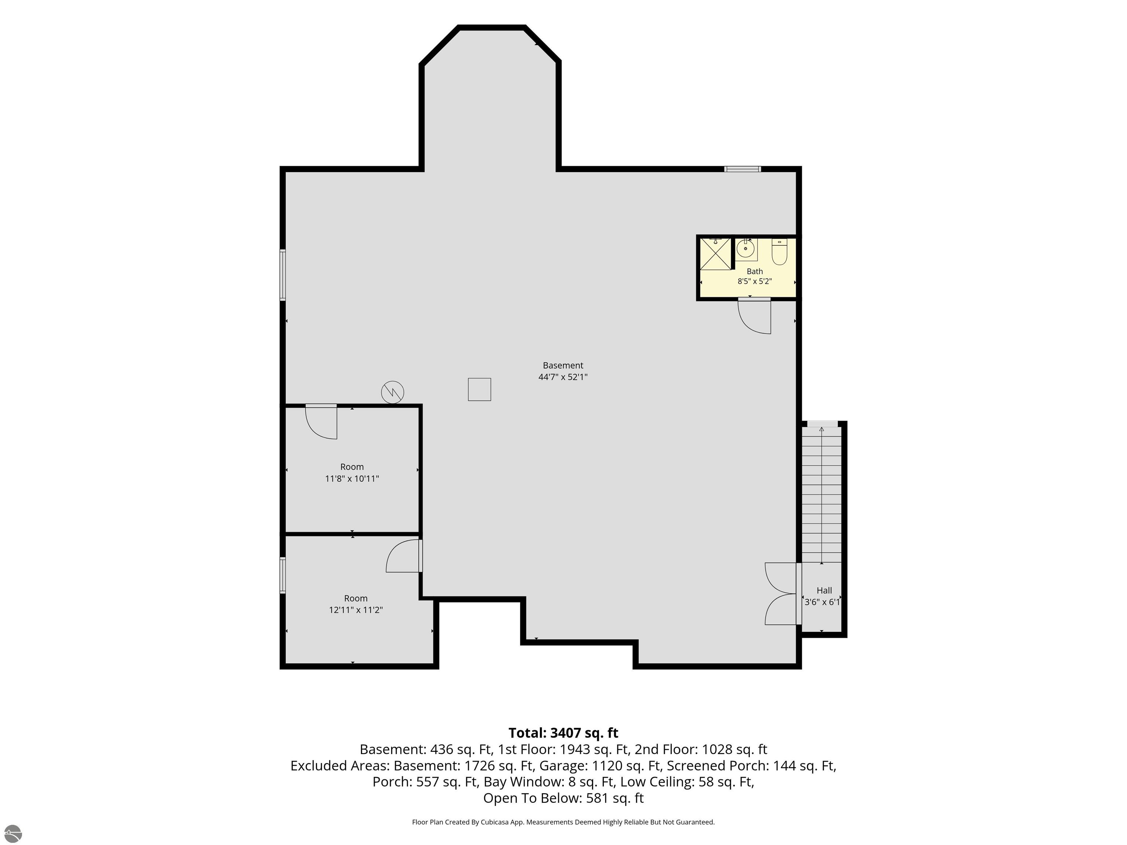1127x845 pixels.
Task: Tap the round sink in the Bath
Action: click(745, 249)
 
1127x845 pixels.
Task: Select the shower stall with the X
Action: click(715, 253)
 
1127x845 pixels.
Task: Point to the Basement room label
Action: click(563, 365)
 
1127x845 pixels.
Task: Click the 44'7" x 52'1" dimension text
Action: click(563, 377)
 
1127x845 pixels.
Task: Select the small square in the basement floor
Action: click(479, 389)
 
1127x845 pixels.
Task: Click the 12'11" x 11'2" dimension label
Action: click(355, 610)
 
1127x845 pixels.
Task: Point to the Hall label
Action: click(824, 590)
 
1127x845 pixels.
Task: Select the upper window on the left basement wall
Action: click(283, 275)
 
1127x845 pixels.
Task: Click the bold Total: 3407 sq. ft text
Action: click(563, 733)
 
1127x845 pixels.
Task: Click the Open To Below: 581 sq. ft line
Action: click(563, 798)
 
